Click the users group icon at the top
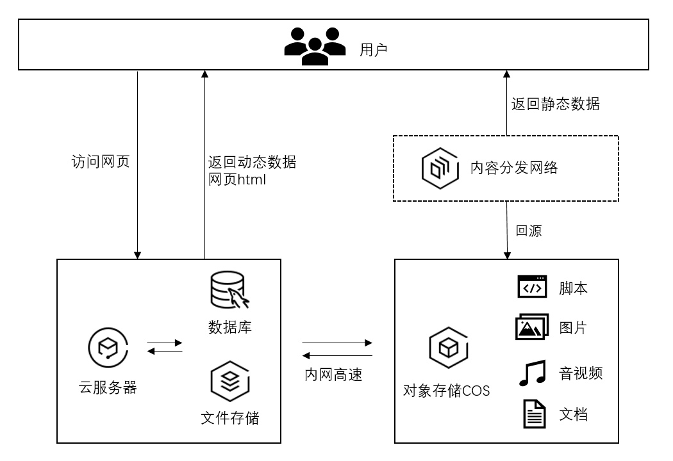pos(315,45)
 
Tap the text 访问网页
pos(100,161)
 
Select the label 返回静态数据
pos(555,104)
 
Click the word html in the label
pos(251,181)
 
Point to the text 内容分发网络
pos(514,168)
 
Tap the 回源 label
pos(529,231)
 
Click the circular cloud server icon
pos(107,347)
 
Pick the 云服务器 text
pos(108,387)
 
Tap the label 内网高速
pos(333,375)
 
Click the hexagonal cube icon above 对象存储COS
pos(447,348)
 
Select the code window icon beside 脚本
pos(533,287)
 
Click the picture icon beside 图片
pos(532,327)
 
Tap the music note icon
pos(532,373)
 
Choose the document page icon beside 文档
pos(533,414)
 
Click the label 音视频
pos(581,373)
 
